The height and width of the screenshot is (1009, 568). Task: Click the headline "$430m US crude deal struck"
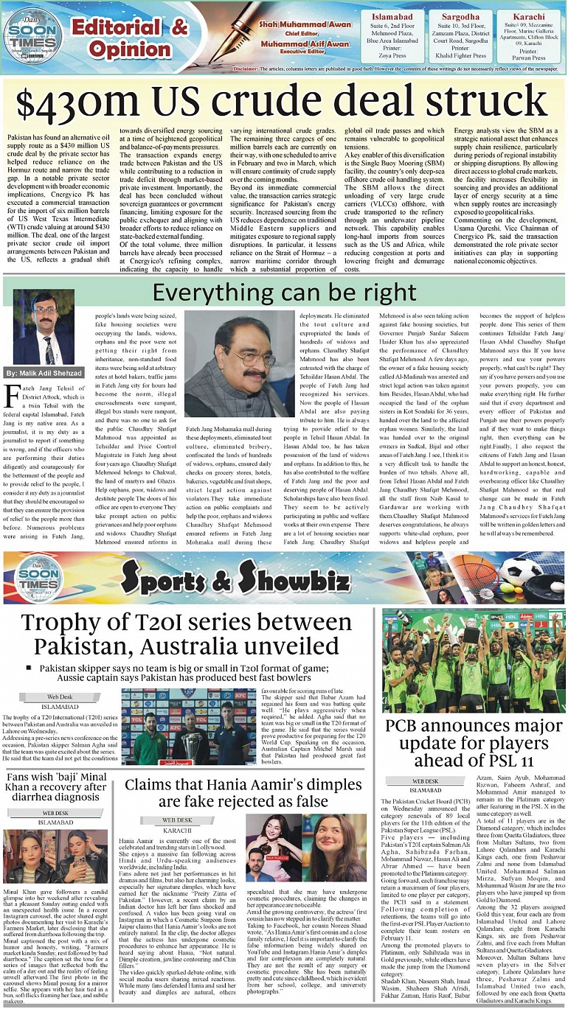[x=283, y=99]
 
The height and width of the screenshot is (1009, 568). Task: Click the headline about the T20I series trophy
[x=186, y=635]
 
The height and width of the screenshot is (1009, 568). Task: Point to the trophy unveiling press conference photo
[x=190, y=727]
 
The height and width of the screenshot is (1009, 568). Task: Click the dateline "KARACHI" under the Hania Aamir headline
[x=177, y=828]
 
